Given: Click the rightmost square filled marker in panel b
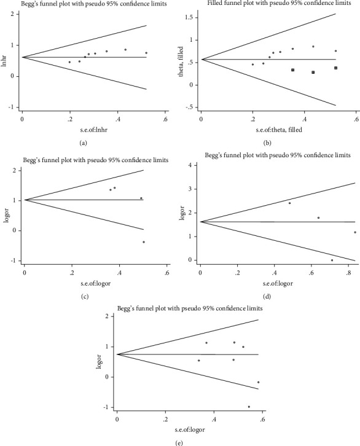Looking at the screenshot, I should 336,68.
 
